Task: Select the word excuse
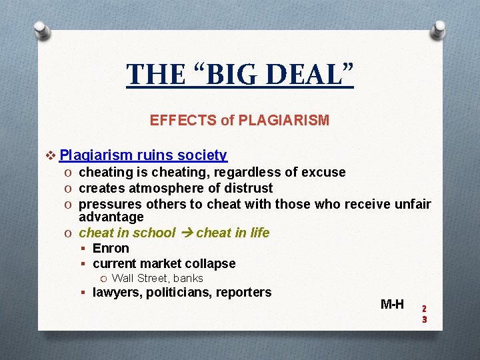323,173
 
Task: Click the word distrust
249,189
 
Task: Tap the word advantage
111,217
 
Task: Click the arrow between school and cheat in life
186,233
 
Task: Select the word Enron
111,249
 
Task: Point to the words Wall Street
141,279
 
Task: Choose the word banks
189,279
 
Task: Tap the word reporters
246,293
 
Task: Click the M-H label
392,305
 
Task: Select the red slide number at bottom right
424,314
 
